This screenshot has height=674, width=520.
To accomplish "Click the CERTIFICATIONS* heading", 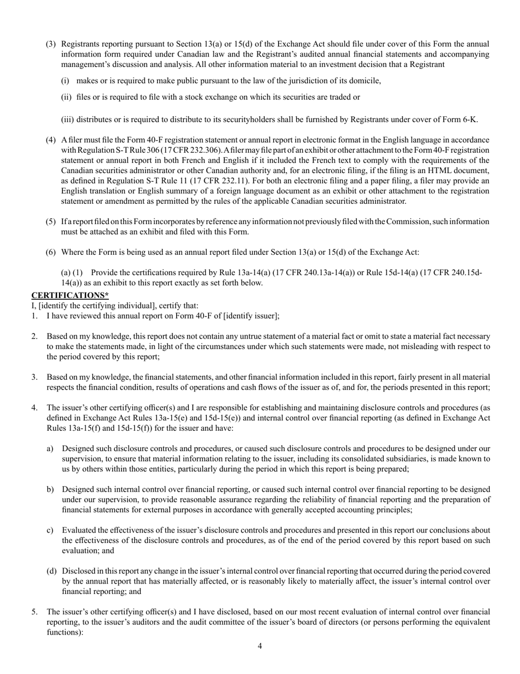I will click(x=70, y=295).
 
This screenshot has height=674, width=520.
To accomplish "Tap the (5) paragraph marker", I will click(x=50, y=221).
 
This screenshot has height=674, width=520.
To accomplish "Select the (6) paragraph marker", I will click(x=50, y=252).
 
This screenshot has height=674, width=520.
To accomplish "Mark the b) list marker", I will click(x=50, y=489).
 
